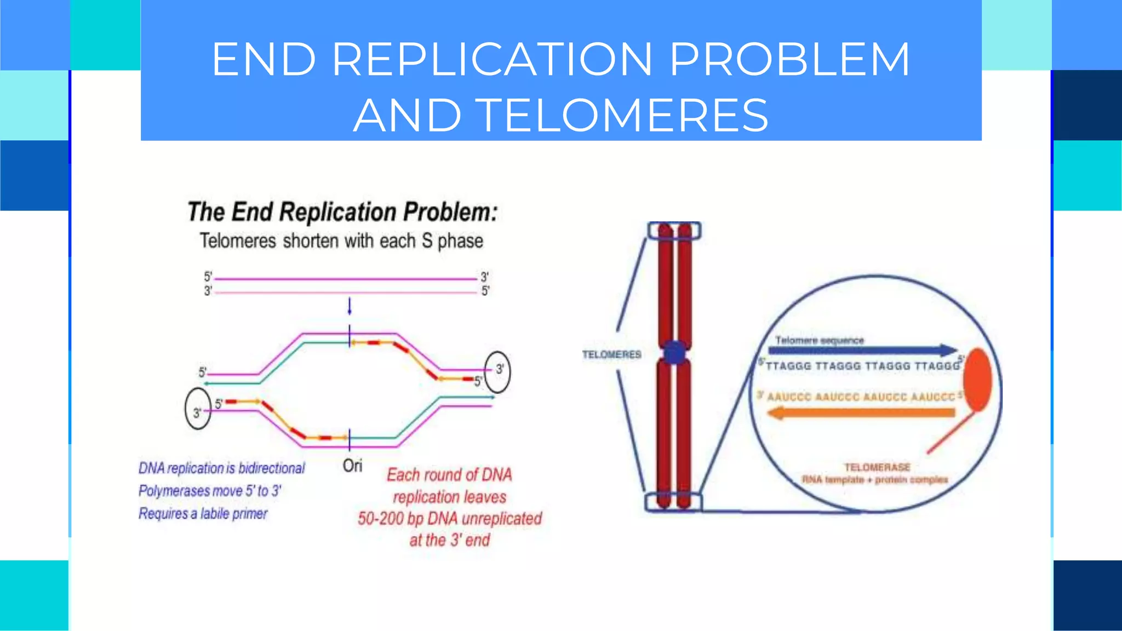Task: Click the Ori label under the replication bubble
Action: point(352,466)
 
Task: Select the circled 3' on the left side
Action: point(198,409)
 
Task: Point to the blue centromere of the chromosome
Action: point(674,352)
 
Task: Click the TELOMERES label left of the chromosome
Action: point(611,355)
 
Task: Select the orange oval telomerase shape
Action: point(978,380)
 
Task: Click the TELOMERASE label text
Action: point(877,467)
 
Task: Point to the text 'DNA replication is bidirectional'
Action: point(221,468)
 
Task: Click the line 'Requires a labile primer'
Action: point(203,514)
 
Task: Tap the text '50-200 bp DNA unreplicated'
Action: point(449,518)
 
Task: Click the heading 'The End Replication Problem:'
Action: point(342,212)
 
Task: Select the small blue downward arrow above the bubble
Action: point(350,307)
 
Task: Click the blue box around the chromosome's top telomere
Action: point(674,231)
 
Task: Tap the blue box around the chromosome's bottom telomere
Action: point(673,501)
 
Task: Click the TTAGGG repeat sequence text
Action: point(862,366)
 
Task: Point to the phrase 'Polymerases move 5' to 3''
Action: point(210,491)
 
